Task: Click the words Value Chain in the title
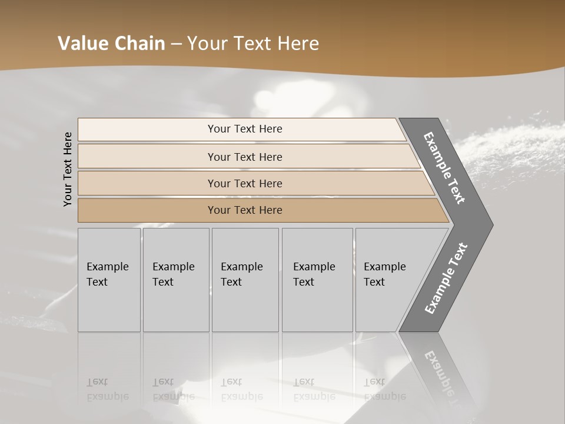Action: [111, 44]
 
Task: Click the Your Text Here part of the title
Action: [253, 44]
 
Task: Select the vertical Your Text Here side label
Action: [68, 169]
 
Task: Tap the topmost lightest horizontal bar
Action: [245, 129]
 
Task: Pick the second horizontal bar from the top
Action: [245, 157]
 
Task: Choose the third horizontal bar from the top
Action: [245, 183]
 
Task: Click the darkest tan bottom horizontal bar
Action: [245, 210]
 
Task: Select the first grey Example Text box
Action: [109, 280]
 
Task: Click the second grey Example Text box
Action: [176, 280]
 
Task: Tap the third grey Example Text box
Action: [245, 280]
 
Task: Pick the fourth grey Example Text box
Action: [317, 280]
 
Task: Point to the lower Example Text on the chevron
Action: [446, 279]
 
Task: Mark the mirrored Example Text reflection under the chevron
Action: [444, 377]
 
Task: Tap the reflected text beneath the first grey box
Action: [107, 389]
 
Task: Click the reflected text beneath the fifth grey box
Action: [384, 389]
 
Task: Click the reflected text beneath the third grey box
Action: [241, 389]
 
